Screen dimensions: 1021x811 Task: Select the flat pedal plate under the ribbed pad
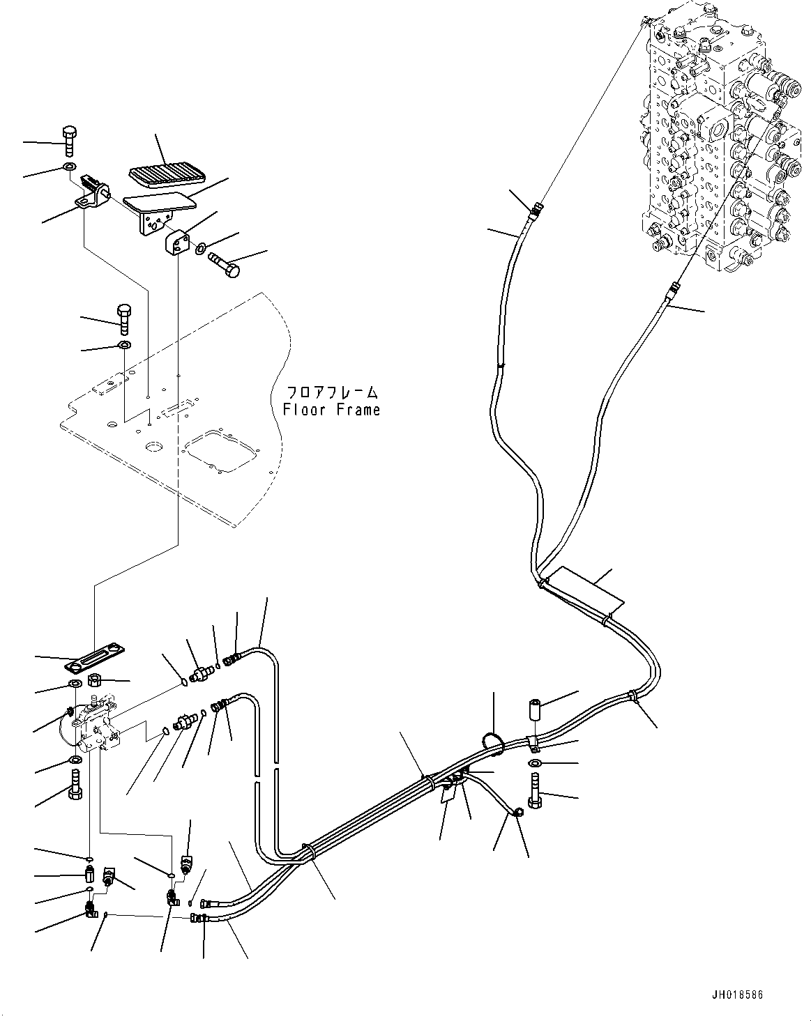click(x=159, y=204)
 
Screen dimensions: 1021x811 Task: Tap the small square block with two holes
click(x=177, y=243)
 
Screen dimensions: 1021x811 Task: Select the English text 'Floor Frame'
click(x=332, y=410)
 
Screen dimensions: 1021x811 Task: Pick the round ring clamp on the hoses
click(x=493, y=744)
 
